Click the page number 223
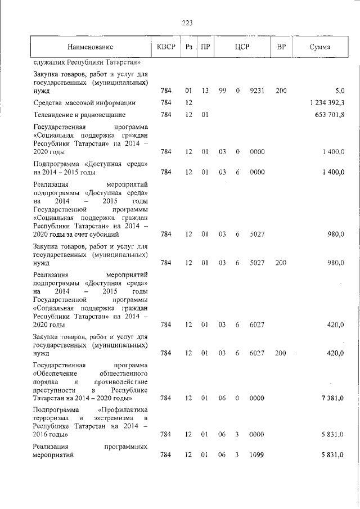187,22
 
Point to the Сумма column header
319,47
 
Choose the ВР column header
281,47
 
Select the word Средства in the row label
49,102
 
